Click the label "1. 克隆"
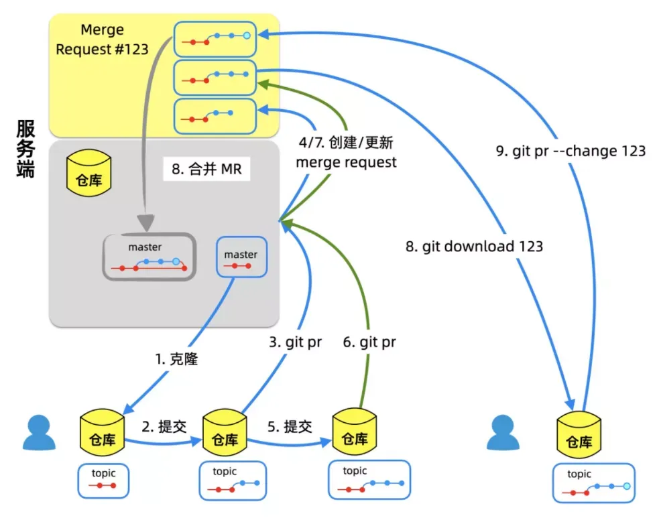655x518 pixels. [x=176, y=359]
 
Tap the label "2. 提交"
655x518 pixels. [x=163, y=426]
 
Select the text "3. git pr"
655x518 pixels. [x=296, y=342]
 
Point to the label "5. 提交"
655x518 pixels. [x=290, y=426]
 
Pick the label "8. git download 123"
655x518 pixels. [x=473, y=247]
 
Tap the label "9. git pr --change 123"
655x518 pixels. [x=571, y=151]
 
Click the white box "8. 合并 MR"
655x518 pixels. [x=206, y=170]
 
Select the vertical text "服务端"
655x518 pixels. [x=25, y=149]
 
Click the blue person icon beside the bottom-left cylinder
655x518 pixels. [x=39, y=432]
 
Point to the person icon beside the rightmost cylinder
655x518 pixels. [x=503, y=432]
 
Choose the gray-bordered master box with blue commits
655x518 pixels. [x=150, y=257]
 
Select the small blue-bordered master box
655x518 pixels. [x=241, y=257]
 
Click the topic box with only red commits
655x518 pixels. [x=103, y=480]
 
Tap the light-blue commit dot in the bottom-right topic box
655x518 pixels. [x=627, y=486]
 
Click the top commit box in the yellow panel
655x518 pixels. [x=215, y=40]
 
